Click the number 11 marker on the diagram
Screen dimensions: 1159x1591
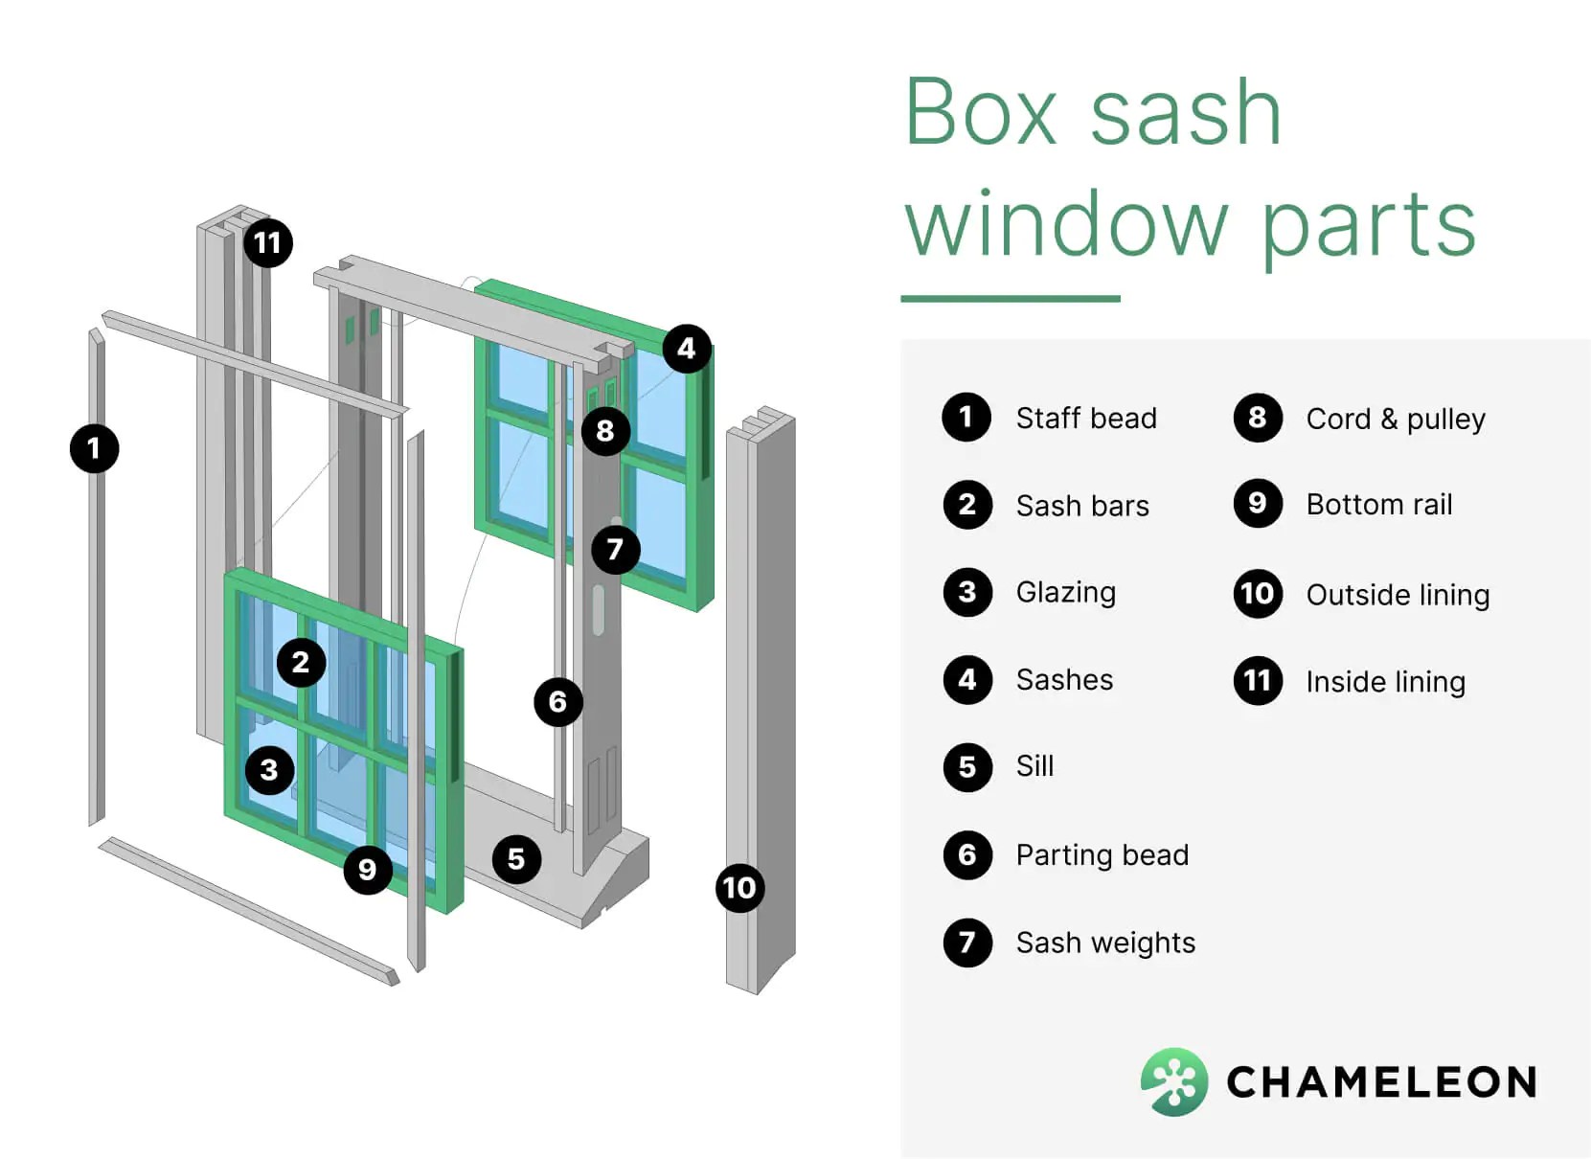point(267,243)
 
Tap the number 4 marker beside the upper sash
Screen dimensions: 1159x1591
point(686,349)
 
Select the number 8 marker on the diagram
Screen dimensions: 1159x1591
point(605,431)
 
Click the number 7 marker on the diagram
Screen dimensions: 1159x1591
point(615,549)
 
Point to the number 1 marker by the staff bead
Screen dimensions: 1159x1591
point(94,448)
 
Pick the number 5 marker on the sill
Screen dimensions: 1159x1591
point(516,859)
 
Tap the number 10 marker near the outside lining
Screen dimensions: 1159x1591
point(739,888)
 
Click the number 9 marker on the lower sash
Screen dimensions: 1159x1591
point(367,870)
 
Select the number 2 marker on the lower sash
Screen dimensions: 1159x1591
point(301,662)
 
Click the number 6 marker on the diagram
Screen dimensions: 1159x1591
point(557,702)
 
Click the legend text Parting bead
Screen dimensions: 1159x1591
point(1102,854)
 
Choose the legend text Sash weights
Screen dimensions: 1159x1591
point(1105,943)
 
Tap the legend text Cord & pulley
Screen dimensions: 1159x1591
point(1396,419)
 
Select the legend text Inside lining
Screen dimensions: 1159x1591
point(1385,681)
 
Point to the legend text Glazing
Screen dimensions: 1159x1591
point(1065,592)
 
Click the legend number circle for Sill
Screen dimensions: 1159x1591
point(967,767)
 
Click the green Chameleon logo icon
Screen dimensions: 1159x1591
point(1173,1081)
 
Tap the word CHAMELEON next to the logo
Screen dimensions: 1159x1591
point(1381,1082)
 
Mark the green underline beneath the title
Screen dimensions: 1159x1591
point(1011,299)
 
